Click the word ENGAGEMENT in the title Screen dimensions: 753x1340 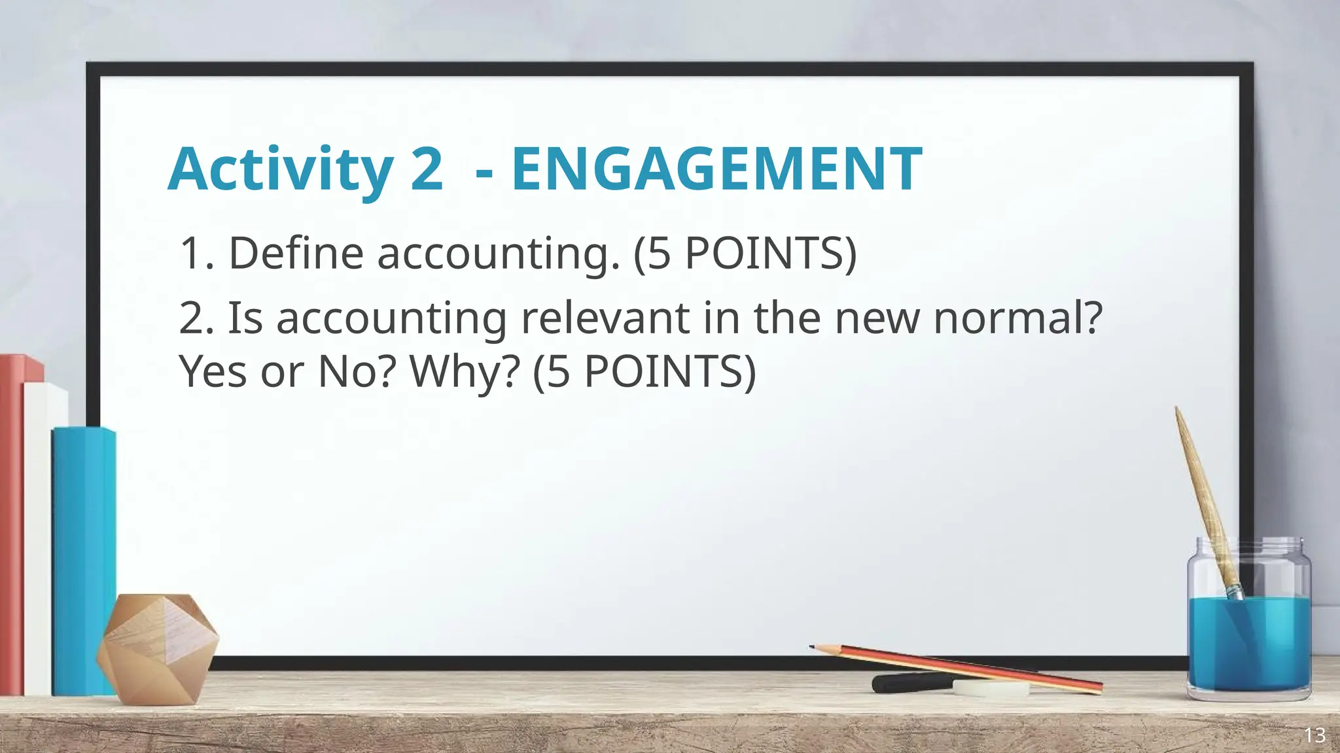716,169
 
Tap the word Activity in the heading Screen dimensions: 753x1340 280,169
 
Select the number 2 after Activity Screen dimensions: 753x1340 426,169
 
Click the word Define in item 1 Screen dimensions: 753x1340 295,254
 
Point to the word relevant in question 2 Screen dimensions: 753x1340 605,318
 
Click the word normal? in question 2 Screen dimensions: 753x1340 1017,318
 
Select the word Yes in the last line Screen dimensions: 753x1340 213,372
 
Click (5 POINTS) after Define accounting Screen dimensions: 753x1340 745,254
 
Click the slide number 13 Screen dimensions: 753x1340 1314,735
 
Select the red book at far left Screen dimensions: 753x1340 12,523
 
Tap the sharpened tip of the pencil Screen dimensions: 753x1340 813,647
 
